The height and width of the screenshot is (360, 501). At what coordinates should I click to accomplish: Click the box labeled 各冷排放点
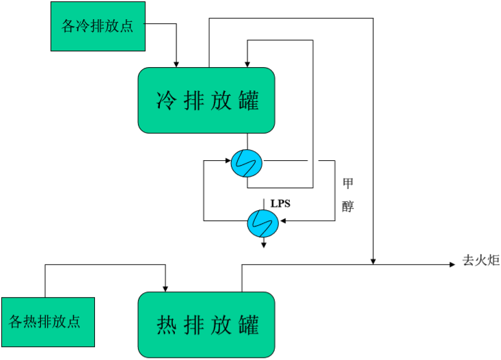tap(98, 26)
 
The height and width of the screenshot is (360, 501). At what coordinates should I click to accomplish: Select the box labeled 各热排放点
tap(48, 322)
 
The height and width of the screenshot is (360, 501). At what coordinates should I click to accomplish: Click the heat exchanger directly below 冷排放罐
tap(247, 163)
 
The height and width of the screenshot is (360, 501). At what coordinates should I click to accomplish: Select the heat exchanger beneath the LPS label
tap(262, 221)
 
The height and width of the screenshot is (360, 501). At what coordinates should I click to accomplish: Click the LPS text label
tap(281, 203)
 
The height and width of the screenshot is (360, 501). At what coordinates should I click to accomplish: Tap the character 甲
tap(348, 183)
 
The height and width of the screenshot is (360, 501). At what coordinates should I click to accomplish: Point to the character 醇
tap(348, 206)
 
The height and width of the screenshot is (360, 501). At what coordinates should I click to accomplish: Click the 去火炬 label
tap(481, 261)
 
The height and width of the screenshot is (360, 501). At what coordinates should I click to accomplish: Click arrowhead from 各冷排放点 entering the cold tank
tap(176, 64)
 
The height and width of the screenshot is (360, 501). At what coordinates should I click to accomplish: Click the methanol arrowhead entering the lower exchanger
tap(282, 221)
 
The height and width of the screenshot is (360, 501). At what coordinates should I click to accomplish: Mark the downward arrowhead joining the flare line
tap(373, 259)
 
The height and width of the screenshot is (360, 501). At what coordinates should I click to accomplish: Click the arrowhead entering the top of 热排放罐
tap(165, 287)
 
